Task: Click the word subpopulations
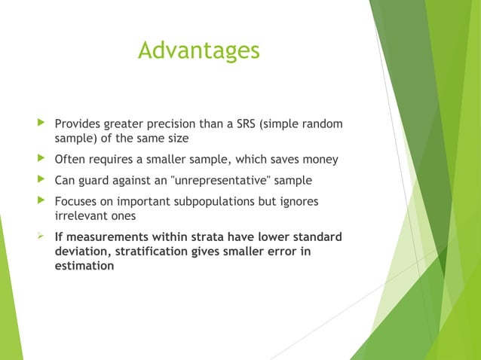click(x=242, y=202)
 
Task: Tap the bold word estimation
click(x=84, y=266)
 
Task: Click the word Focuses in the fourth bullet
click(x=75, y=202)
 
